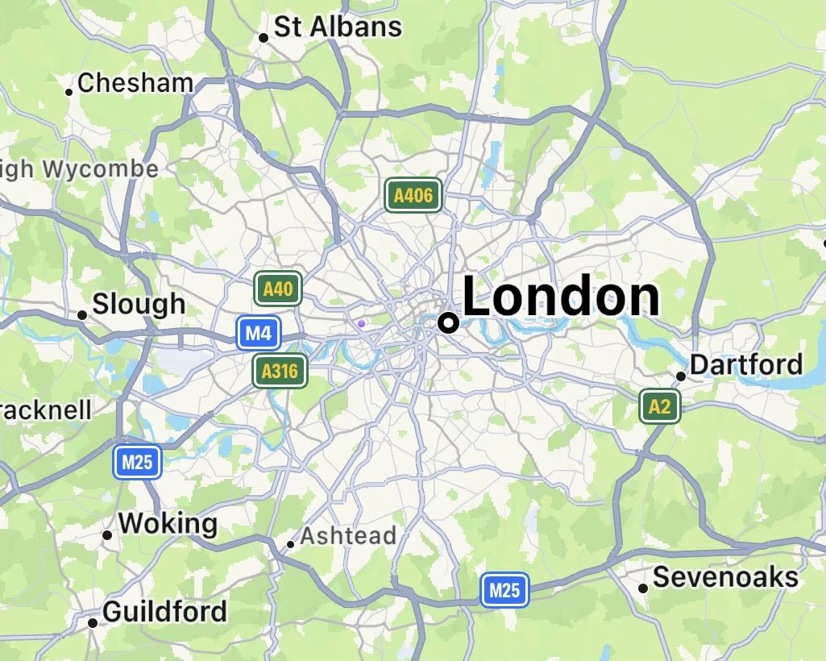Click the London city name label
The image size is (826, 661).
click(561, 296)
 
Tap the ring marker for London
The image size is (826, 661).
click(448, 322)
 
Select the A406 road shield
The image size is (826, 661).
click(413, 195)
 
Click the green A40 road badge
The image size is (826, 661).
click(278, 289)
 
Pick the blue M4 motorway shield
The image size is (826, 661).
click(259, 333)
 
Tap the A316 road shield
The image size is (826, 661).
click(280, 371)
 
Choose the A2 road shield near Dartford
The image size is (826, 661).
click(659, 406)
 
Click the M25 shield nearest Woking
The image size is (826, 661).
click(137, 462)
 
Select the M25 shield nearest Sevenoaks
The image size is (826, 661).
click(504, 590)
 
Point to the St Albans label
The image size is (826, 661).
click(338, 27)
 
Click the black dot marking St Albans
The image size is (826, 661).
click(263, 37)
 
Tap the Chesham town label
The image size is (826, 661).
click(135, 82)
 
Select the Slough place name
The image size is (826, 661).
click(139, 304)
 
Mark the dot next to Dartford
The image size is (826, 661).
click(681, 376)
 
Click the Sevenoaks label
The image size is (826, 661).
click(725, 577)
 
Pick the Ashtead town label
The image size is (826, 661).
click(348, 536)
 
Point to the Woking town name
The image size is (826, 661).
click(168, 524)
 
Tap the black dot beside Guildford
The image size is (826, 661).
click(93, 623)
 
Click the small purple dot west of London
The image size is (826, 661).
click(361, 323)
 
